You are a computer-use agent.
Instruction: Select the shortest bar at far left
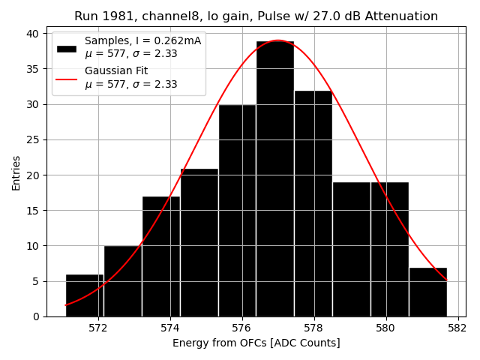click(85, 295)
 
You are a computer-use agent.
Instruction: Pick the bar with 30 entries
click(237, 211)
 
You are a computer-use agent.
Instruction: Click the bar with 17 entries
click(160, 256)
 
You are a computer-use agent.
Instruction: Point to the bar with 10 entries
click(122, 281)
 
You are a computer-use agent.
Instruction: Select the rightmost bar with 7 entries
click(427, 292)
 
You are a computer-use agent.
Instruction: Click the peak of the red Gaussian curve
click(277, 40)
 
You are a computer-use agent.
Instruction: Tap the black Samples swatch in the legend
click(67, 48)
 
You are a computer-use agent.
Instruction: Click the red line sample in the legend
click(67, 77)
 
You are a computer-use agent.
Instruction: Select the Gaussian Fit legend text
click(116, 70)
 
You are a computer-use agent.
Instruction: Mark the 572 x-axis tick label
click(98, 328)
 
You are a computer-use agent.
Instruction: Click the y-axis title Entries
click(16, 172)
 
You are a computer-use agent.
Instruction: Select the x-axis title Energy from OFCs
click(256, 343)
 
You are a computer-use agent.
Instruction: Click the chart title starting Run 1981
click(256, 16)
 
